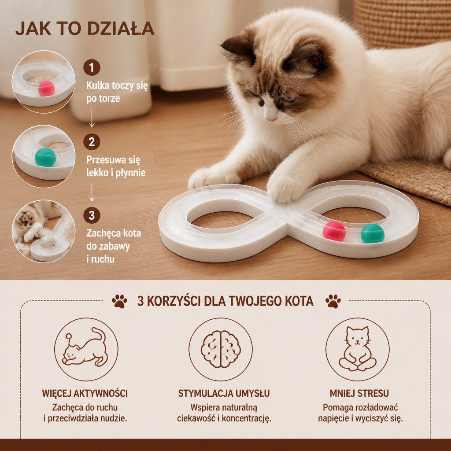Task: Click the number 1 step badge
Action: [92, 67]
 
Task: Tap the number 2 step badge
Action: [92, 141]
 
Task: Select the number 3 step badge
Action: [92, 215]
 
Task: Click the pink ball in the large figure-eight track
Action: [334, 231]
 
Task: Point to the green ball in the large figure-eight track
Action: [373, 233]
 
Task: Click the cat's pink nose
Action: [271, 118]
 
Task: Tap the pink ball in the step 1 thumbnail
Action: [46, 89]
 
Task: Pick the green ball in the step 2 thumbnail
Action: [45, 157]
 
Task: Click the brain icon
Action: [221, 349]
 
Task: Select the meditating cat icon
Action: [358, 349]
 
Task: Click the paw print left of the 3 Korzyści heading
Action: [119, 301]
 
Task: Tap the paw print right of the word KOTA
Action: [333, 301]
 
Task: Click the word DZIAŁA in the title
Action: [121, 29]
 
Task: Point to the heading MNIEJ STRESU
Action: [359, 393]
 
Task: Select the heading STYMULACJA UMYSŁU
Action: [224, 393]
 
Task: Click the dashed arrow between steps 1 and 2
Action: [92, 118]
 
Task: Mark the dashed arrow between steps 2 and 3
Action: [92, 192]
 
